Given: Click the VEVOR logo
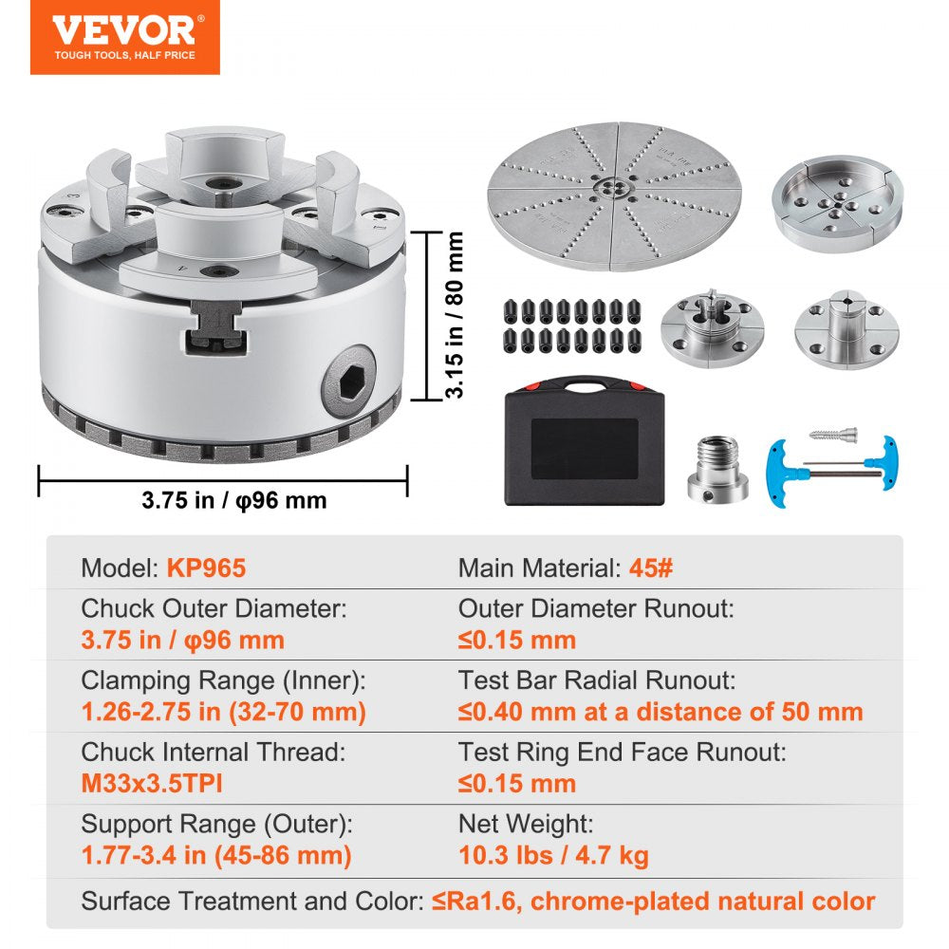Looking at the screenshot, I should coord(124,36).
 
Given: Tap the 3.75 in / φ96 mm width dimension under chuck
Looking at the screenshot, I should coord(233,500).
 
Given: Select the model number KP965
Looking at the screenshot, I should coord(206,568).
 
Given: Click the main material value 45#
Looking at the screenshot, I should coord(650,568).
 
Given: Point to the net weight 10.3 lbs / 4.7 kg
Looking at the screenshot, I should coord(553,856).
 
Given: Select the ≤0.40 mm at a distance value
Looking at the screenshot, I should coord(661,712).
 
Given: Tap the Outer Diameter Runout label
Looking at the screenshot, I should coord(596,608).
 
